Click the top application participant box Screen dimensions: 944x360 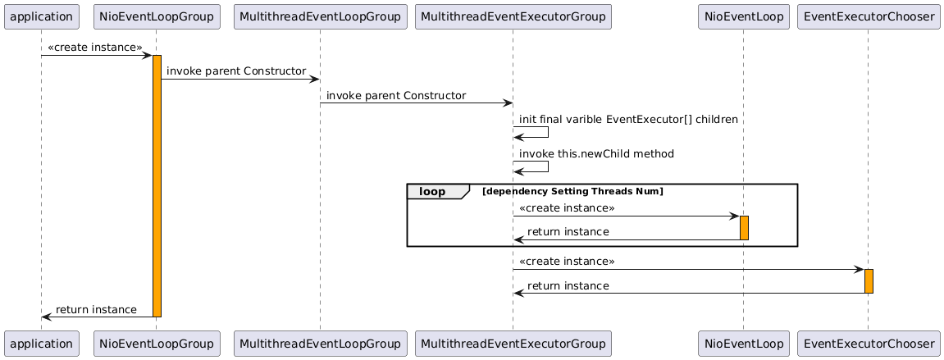pos(42,16)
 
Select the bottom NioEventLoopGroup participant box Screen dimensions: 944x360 pos(157,344)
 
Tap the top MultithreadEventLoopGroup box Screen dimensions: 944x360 pos(320,16)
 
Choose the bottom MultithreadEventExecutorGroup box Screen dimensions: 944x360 pos(513,344)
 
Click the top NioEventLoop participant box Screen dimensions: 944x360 pos(744,16)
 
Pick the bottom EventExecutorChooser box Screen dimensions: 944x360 pos(869,344)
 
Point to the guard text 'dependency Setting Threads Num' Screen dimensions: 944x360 pos(572,191)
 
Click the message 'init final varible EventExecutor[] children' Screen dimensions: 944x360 pos(628,119)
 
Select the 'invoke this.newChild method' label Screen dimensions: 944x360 pos(596,153)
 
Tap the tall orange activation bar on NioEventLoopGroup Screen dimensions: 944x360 pos(157,186)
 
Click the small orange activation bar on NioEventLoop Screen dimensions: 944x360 pos(744,228)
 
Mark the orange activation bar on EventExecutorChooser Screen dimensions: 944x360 pos(869,281)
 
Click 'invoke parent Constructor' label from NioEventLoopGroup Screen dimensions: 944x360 pos(236,71)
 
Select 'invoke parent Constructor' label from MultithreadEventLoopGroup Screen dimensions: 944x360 pos(396,96)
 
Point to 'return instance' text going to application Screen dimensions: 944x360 pos(96,309)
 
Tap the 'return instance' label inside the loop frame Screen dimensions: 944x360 pos(568,232)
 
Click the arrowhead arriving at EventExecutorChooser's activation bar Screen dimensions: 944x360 pos(860,269)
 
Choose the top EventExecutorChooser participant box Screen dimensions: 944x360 pos(869,16)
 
